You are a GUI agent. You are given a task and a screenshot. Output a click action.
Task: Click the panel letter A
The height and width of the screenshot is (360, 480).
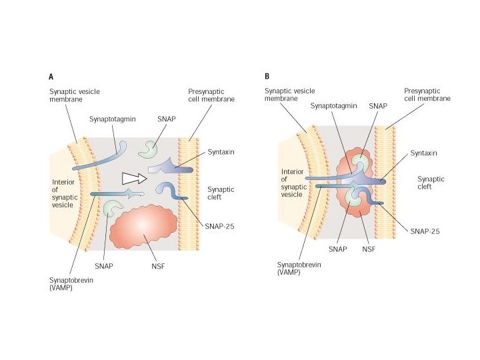click(51, 77)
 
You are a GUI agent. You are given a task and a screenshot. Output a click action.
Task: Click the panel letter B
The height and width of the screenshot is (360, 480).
click(267, 77)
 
